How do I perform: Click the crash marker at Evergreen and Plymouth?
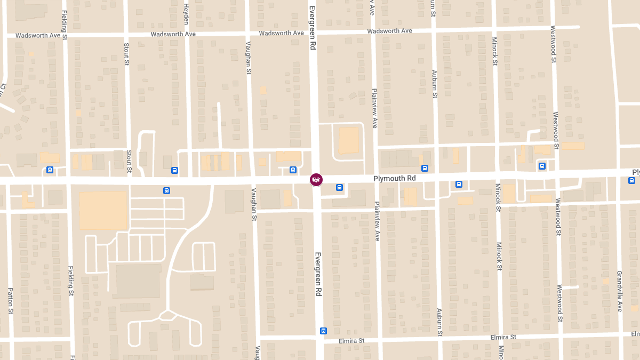[316, 179]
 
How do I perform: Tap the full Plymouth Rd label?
[394, 178]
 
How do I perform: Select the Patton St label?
[10, 300]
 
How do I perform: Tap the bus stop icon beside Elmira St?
[323, 331]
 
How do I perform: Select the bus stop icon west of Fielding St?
[50, 170]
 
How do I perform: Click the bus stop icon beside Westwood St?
[542, 166]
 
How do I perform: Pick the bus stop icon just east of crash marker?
[339, 187]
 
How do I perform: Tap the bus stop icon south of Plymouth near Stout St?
[166, 190]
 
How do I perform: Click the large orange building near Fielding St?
[103, 211]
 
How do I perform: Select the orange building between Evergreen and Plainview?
[349, 140]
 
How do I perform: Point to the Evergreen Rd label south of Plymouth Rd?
[318, 274]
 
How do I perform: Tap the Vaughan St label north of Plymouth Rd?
[248, 61]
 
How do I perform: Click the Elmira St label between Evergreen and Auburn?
[351, 340]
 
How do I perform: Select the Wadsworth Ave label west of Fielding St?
[38, 36]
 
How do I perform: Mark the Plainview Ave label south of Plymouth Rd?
[377, 221]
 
